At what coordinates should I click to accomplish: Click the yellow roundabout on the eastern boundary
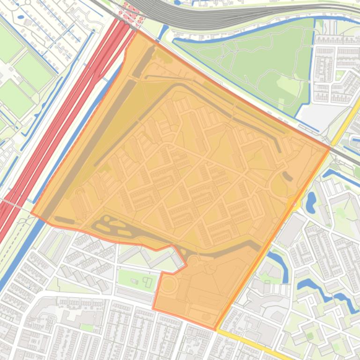tap(294, 204)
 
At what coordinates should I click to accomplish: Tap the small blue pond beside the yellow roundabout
tap(310, 201)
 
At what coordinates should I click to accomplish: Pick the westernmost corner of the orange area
tap(31, 213)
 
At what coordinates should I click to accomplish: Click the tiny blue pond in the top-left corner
tap(21, 18)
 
